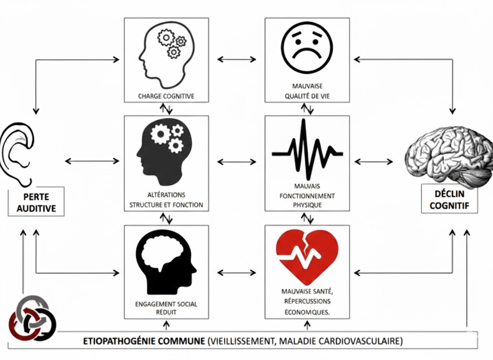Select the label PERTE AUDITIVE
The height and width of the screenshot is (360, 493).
click(36, 203)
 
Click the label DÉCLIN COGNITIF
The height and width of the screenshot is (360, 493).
click(451, 201)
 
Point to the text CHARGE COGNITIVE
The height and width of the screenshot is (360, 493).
click(166, 96)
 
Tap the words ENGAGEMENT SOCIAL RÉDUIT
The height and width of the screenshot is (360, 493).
click(166, 308)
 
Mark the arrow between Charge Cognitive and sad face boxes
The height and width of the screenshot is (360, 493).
click(236, 59)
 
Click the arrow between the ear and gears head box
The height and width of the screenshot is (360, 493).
click(91, 160)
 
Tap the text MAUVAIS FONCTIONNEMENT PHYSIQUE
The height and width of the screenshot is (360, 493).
click(307, 195)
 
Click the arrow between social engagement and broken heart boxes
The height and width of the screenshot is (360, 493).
click(236, 273)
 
